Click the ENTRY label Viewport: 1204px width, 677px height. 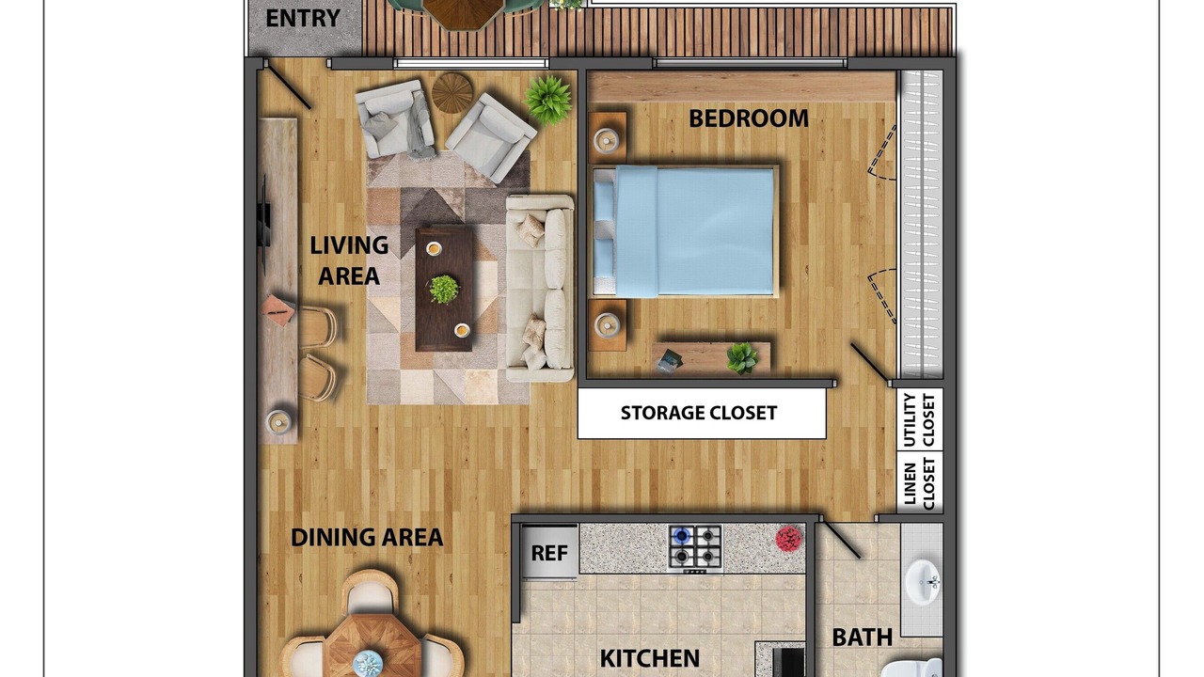[303, 18]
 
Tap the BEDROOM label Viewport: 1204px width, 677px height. [749, 118]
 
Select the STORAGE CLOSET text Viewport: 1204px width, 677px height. [699, 413]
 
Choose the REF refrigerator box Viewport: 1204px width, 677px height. [549, 552]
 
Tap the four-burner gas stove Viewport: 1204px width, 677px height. [695, 548]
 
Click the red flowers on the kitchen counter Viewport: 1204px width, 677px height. [788, 539]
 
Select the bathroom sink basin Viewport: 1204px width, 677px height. [923, 581]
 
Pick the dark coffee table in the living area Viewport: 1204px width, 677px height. [445, 289]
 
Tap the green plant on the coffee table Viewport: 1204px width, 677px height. [444, 289]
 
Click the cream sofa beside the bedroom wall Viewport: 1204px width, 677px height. [539, 289]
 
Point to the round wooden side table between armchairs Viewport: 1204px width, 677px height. [452, 92]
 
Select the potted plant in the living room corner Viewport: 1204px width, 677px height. [547, 99]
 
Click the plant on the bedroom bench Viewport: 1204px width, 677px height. [742, 358]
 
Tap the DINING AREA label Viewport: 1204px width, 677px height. [367, 537]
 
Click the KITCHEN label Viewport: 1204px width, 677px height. [649, 658]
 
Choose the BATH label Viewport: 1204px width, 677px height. [863, 638]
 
